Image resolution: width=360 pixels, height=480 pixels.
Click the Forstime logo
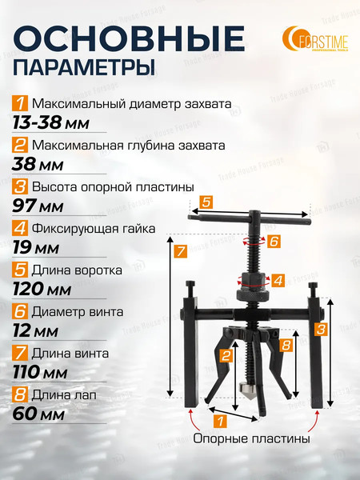click(x=315, y=39)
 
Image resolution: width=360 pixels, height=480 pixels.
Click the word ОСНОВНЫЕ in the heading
click(x=129, y=39)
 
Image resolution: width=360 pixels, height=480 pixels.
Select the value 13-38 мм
click(x=50, y=123)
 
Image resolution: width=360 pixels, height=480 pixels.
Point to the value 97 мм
click(x=38, y=206)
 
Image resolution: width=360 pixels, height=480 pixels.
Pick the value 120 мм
click(x=42, y=290)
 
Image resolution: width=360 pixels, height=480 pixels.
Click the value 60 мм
click(x=38, y=414)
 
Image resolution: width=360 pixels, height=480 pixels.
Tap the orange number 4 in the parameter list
click(x=20, y=228)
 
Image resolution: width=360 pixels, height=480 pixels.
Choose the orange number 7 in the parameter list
click(x=20, y=354)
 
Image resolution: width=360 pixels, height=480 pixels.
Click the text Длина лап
click(x=64, y=395)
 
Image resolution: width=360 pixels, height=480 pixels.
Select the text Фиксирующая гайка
click(x=94, y=228)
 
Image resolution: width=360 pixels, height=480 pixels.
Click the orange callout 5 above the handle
click(x=206, y=202)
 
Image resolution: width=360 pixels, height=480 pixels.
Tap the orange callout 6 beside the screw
click(x=274, y=242)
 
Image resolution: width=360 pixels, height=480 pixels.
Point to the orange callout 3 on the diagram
click(x=321, y=329)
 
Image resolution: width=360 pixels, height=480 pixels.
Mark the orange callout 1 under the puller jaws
click(x=220, y=421)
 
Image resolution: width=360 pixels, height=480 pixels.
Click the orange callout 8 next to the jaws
click(x=286, y=345)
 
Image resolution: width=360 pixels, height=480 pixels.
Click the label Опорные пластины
click(x=251, y=438)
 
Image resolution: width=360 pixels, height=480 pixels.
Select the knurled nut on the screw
click(x=253, y=295)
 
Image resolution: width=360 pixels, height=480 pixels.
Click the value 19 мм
click(x=35, y=248)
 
